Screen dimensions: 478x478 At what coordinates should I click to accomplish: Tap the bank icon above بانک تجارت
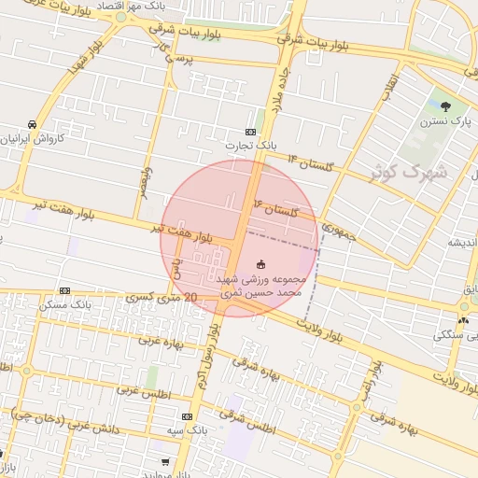250,132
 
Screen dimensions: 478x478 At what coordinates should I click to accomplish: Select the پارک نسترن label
444,120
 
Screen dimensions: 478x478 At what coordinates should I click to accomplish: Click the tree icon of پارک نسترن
445,106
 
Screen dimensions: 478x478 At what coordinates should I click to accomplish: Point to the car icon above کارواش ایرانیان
33,124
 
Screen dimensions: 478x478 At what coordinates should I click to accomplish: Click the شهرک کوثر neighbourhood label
415,172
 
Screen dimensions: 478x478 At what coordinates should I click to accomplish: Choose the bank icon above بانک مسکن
64,290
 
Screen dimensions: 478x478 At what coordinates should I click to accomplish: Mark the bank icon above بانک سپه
188,416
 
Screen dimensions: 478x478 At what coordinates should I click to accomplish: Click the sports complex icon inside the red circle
260,264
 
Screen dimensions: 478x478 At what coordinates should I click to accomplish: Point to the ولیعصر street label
146,182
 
